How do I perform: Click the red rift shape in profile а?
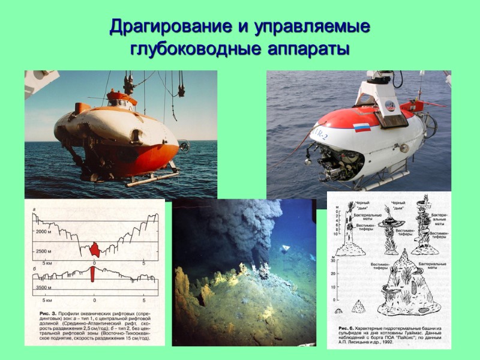pyautogui.click(x=95, y=247)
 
